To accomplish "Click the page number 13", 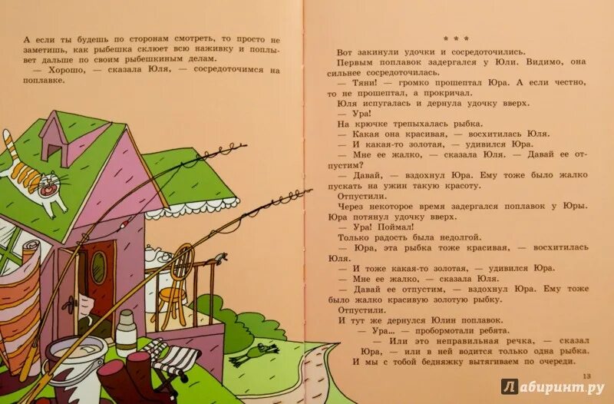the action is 589,375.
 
